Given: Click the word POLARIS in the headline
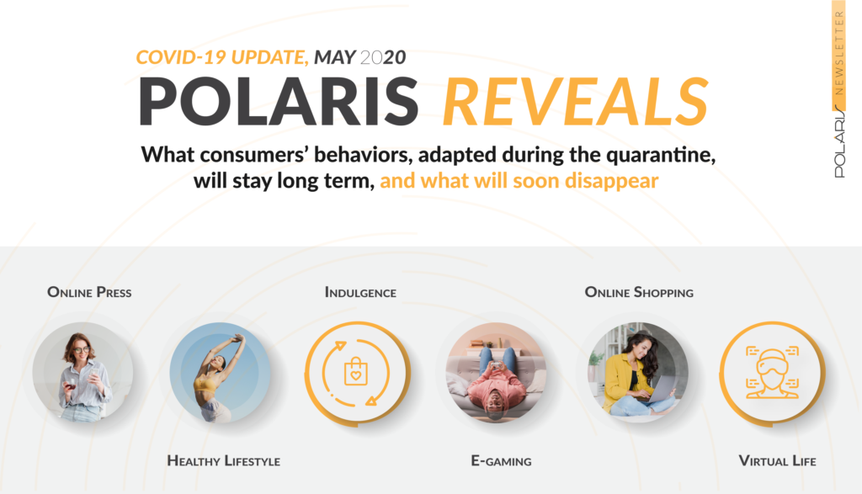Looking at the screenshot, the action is (x=279, y=102).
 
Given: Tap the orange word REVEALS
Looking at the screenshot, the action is (x=576, y=102).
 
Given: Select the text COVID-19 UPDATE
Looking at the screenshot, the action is (x=221, y=57).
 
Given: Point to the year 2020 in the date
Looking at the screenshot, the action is (x=383, y=57).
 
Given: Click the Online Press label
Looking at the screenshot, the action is (x=89, y=292).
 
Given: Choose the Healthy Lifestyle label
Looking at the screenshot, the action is (x=224, y=460).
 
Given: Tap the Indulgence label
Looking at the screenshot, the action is (x=360, y=292).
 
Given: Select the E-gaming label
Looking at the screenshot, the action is (x=502, y=460).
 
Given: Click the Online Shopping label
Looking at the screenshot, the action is (x=639, y=292).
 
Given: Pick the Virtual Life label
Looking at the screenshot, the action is (x=777, y=460).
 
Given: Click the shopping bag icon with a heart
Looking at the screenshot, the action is (x=356, y=371).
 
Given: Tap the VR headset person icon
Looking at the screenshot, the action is (x=773, y=372).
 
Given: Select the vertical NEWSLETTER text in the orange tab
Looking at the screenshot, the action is (x=839, y=53).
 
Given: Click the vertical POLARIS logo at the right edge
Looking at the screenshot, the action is (x=839, y=141).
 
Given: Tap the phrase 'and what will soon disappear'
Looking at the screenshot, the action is (x=519, y=181).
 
